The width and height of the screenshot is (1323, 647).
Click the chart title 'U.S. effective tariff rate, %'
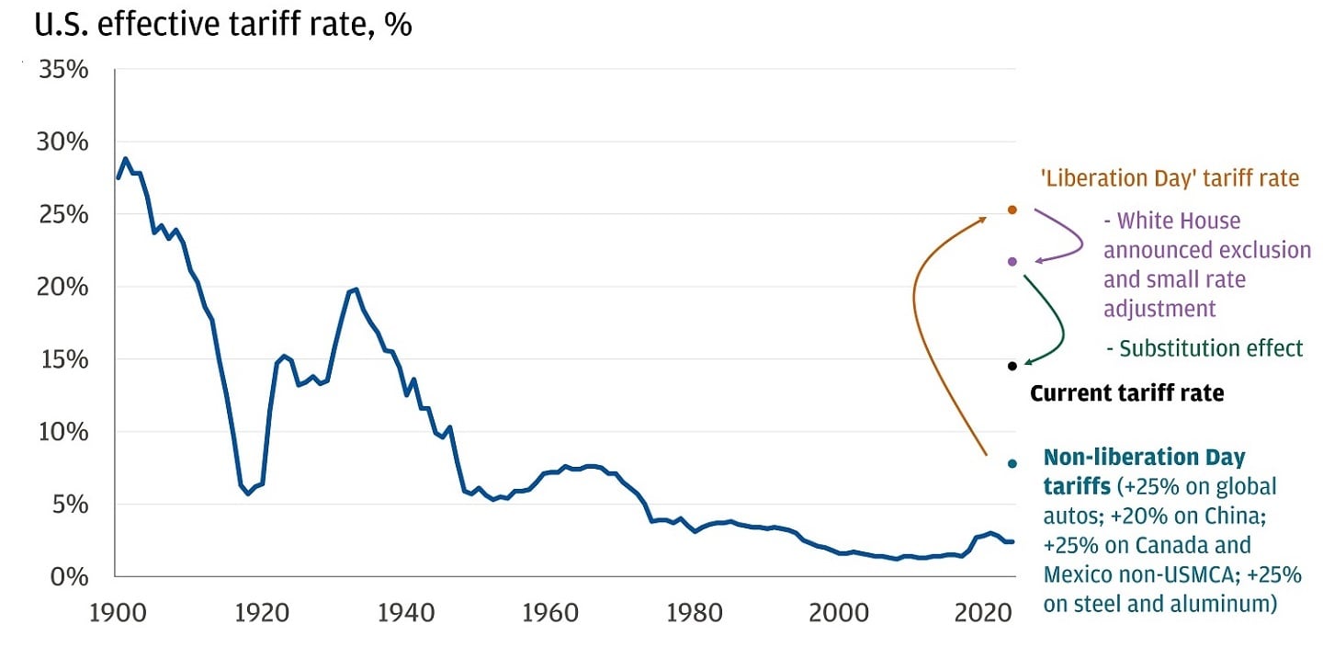[223, 25]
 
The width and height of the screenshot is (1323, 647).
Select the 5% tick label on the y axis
[70, 505]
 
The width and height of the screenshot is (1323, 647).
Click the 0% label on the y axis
[70, 577]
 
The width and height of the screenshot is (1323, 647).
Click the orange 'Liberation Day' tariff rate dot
[1012, 210]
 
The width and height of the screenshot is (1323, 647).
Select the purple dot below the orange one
[1012, 262]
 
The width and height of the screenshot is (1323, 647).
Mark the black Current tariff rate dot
[1012, 366]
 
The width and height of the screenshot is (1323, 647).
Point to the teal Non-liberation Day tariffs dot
[1012, 463]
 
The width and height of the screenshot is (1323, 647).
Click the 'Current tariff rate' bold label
[1126, 394]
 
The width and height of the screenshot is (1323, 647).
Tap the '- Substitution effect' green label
[1204, 348]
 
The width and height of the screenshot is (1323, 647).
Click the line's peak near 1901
[126, 158]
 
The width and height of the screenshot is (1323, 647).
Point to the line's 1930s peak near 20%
[356, 289]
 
